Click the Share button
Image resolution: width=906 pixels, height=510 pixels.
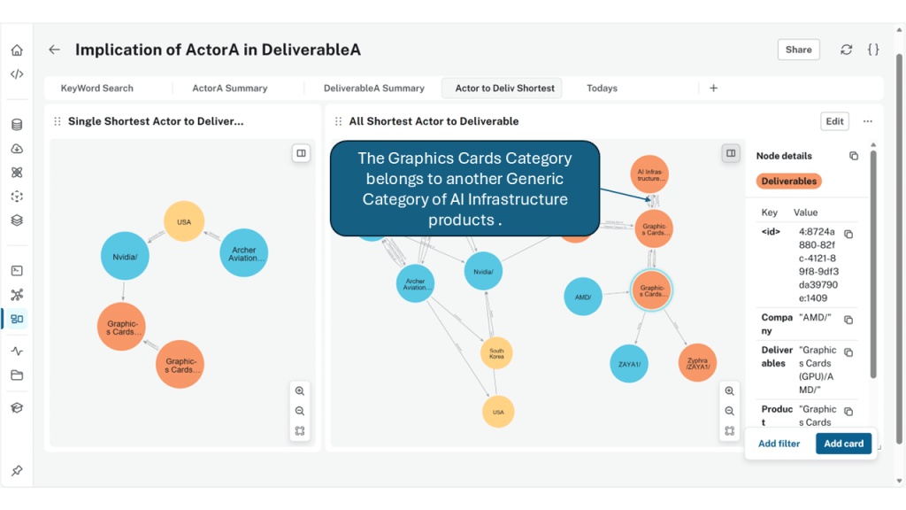pos(798,50)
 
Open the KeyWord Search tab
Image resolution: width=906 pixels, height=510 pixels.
pos(96,89)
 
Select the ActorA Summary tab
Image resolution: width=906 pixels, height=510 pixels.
pos(229,89)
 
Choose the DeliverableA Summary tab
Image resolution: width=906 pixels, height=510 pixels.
pos(373,89)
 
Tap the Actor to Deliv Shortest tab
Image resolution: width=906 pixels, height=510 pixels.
pos(504,89)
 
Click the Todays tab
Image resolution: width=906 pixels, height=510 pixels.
pos(602,89)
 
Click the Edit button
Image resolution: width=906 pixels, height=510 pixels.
pos(834,121)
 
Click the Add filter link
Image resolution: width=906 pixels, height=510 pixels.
pos(779,444)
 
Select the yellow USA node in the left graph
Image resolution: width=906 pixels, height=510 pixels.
pos(184,222)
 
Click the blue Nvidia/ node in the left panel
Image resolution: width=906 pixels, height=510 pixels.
pos(124,257)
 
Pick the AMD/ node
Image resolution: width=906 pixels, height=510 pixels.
pos(583,297)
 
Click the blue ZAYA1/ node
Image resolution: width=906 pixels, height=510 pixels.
pos(629,364)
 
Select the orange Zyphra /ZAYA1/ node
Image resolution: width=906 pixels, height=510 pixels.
pos(697,363)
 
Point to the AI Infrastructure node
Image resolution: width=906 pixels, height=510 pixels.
pos(651,174)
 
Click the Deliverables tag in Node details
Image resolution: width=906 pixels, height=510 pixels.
pos(789,182)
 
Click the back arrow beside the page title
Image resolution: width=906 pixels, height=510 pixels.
pos(55,50)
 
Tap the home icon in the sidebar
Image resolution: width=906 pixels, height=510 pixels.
pos(17,50)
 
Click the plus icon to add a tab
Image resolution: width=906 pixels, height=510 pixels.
pos(713,89)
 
